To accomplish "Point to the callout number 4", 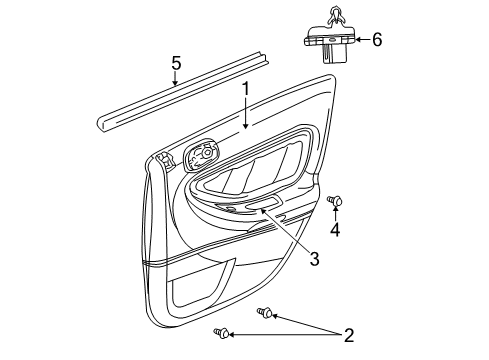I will click(336, 231).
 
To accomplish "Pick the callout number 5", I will click(175, 65).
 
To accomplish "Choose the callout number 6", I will click(377, 40).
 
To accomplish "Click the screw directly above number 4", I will click(336, 202).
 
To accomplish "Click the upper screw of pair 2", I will click(264, 312).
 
